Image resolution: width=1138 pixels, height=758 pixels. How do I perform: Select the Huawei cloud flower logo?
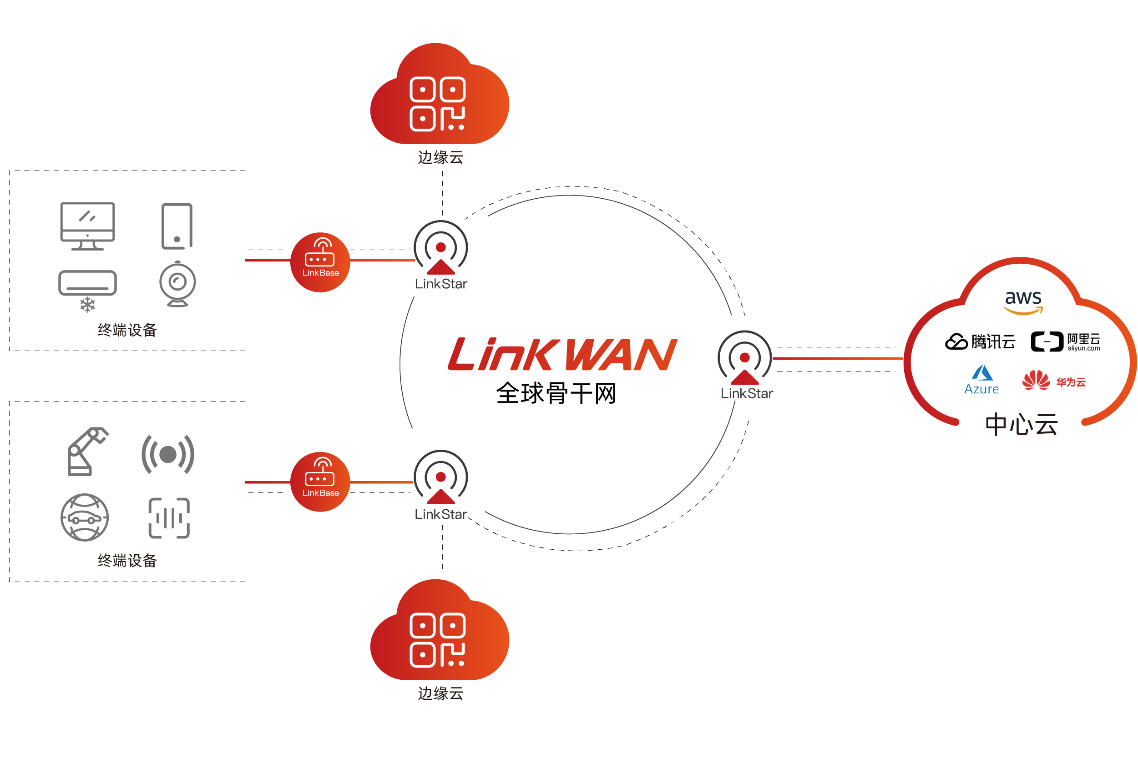click(1035, 381)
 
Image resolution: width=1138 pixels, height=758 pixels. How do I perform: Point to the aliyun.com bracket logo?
click(1046, 341)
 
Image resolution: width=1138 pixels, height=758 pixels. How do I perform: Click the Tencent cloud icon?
click(955, 341)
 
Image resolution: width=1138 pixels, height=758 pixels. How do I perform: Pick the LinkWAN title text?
click(562, 354)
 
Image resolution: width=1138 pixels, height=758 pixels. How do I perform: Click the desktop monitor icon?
click(87, 225)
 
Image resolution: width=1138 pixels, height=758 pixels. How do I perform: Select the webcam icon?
click(177, 284)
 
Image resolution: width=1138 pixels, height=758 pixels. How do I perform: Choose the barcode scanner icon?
click(169, 518)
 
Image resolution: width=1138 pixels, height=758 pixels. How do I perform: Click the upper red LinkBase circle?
click(320, 262)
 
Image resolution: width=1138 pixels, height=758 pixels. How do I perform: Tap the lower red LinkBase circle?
click(320, 482)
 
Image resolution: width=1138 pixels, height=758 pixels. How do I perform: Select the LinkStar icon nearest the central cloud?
click(744, 358)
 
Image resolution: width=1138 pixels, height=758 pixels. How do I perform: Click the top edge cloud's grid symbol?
click(437, 104)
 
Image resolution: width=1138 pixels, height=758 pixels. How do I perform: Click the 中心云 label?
click(1021, 424)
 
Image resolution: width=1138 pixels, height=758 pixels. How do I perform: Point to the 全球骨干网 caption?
click(556, 393)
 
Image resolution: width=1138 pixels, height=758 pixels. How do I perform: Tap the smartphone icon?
click(177, 226)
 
